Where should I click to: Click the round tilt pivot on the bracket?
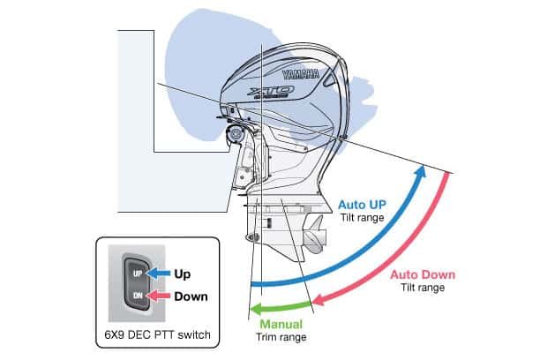[x=235, y=135]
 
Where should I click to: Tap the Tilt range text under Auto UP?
[x=359, y=215]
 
